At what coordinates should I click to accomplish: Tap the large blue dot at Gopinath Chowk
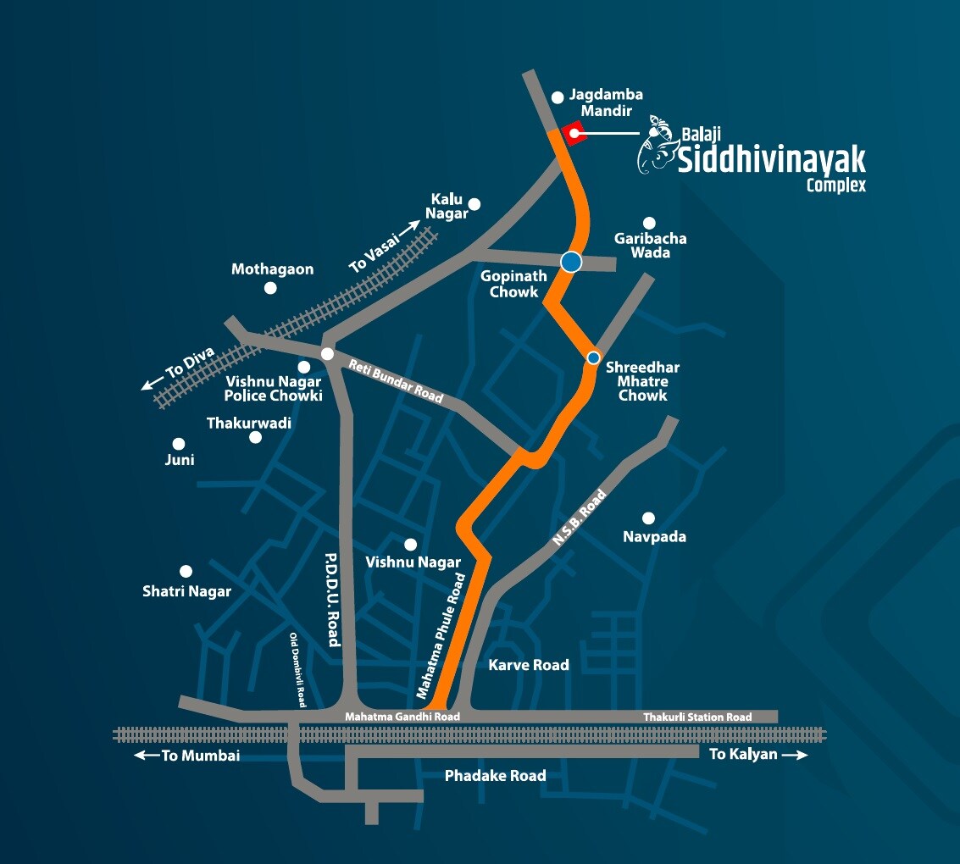571,262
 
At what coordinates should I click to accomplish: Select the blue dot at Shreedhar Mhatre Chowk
594,357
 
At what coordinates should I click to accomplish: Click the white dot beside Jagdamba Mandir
558,97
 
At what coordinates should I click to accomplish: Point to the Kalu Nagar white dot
474,203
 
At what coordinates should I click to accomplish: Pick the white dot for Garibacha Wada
649,223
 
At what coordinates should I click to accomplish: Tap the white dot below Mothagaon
270,288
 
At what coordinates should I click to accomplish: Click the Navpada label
654,537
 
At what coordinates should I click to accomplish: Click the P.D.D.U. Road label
332,600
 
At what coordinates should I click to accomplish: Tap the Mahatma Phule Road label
441,636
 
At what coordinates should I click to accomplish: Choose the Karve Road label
529,665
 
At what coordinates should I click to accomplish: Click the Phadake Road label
495,775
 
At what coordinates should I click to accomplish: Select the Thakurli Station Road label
696,717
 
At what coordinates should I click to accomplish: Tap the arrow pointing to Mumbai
146,756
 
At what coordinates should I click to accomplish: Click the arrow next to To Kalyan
795,755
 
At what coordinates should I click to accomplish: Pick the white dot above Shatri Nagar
186,572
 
